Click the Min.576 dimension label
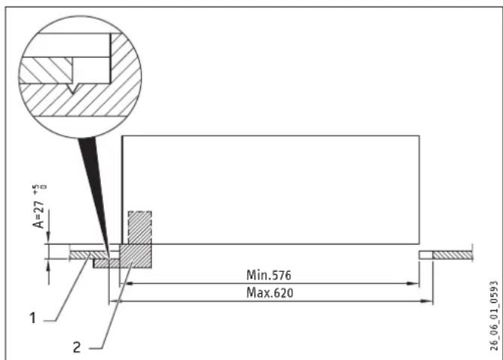point(269,275)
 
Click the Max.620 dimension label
point(270,293)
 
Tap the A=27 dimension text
point(39,215)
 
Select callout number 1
point(32,319)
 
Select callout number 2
point(77,347)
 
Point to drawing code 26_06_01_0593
point(494,316)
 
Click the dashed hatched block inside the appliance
point(140,227)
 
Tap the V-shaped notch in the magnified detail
point(74,88)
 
